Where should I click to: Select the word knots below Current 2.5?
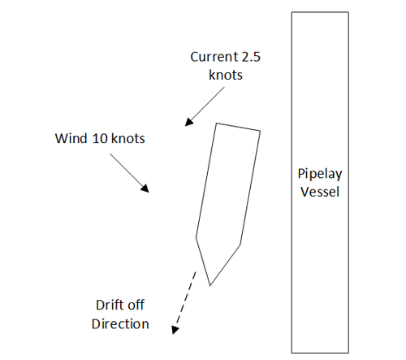pos(226,75)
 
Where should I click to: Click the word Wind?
pos(71,138)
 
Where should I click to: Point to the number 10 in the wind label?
pos(100,138)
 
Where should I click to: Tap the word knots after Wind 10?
pos(128,138)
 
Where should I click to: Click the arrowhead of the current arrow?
pos(189,122)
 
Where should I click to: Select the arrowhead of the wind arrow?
pos(145,189)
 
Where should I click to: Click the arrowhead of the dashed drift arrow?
pos(175,330)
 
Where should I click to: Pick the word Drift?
pos(110,305)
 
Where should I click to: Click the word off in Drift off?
pos(136,305)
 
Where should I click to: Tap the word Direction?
pos(120,324)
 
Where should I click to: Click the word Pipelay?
pos(320,174)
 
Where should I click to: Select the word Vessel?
pos(320,192)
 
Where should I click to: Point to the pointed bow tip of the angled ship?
pos(210,285)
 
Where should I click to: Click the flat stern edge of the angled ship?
pos(238,127)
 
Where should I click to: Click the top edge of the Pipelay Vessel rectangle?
pos(320,12)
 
